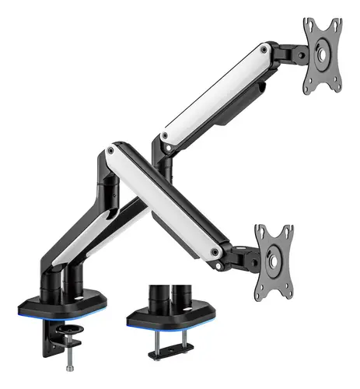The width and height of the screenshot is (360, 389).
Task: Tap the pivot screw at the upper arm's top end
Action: point(266,51)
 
